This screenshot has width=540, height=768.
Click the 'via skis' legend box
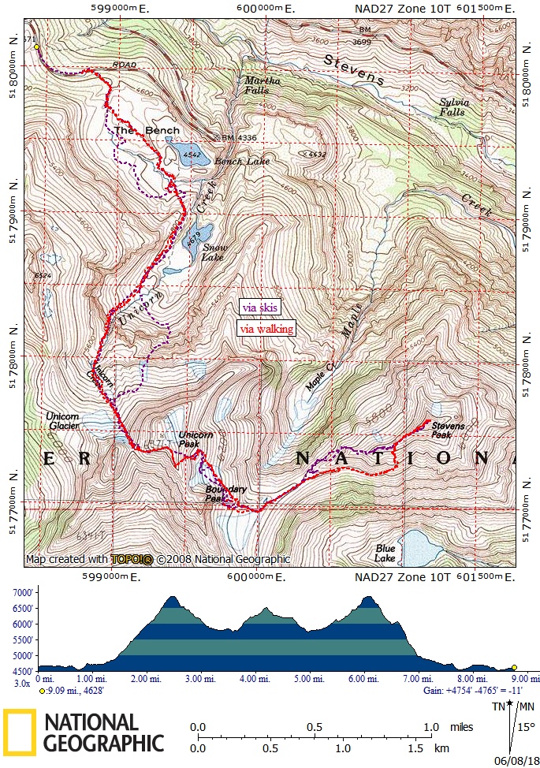(x=259, y=308)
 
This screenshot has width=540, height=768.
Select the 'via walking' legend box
(x=266, y=329)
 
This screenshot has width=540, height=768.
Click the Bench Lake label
(x=242, y=162)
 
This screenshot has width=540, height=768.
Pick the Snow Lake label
(x=214, y=252)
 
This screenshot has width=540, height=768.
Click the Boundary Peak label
(x=225, y=494)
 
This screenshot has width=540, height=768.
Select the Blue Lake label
(x=385, y=553)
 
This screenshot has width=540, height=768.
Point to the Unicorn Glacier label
(x=62, y=421)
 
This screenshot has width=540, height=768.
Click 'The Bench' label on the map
(x=147, y=130)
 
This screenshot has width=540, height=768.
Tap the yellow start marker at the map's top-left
(x=36, y=47)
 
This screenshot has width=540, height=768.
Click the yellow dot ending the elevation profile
(x=515, y=666)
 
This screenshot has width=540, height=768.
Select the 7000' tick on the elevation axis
(x=18, y=593)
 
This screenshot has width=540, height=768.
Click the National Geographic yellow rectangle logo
(x=19, y=731)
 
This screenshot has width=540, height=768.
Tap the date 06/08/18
(x=515, y=760)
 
